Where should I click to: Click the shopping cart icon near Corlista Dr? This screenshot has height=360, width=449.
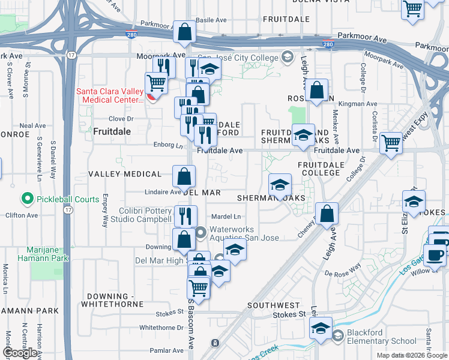click(x=391, y=143)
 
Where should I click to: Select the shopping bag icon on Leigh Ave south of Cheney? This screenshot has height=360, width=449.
click(x=327, y=214)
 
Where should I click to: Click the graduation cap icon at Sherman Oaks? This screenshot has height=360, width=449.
click(x=280, y=185)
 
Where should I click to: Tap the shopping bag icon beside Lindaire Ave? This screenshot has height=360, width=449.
click(x=184, y=176)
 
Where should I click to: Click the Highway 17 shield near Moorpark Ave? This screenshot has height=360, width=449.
click(x=71, y=55)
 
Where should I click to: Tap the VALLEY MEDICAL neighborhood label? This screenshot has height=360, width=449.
click(x=125, y=174)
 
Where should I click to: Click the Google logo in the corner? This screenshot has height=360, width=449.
click(x=20, y=353)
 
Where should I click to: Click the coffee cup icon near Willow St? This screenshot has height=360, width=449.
click(x=435, y=254)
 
